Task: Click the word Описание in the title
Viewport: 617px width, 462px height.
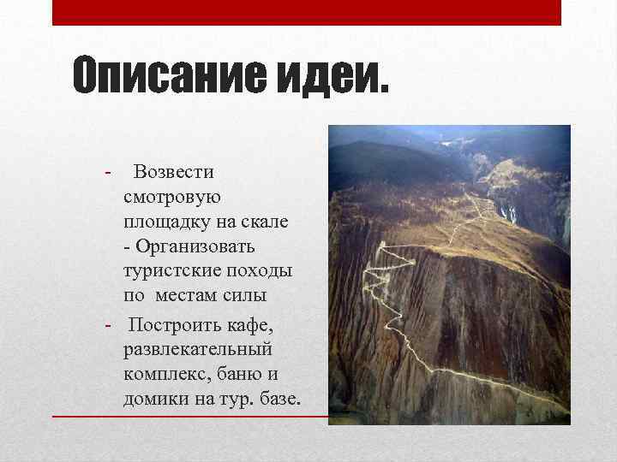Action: (x=168, y=78)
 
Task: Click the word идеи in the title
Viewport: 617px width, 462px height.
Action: (x=329, y=78)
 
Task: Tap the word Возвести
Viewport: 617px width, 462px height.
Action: (x=174, y=172)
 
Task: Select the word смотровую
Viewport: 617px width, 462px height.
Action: (x=172, y=197)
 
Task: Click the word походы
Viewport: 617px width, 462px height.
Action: (x=262, y=270)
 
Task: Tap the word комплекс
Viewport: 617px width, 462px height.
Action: (x=164, y=376)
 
